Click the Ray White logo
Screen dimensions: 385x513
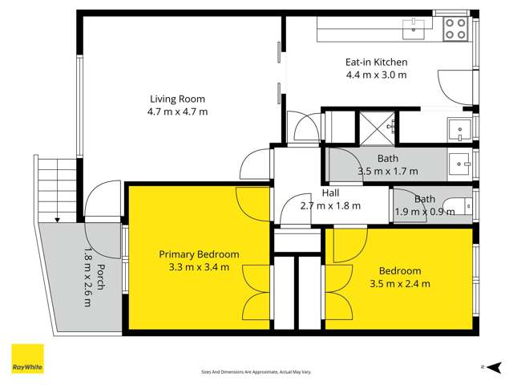[x=27, y=359]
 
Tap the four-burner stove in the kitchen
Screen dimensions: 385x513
[x=456, y=30]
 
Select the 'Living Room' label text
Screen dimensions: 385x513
[x=177, y=99]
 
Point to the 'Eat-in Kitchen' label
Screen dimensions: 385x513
[x=376, y=62]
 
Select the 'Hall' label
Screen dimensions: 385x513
[x=330, y=192]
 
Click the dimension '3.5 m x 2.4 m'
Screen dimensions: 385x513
[x=400, y=284]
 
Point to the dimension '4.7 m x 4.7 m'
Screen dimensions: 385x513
[x=177, y=111]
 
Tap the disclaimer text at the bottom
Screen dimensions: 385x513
[x=256, y=372]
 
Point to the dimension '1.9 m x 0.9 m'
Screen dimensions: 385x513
[x=425, y=212]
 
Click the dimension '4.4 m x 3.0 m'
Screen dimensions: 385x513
[x=376, y=75]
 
